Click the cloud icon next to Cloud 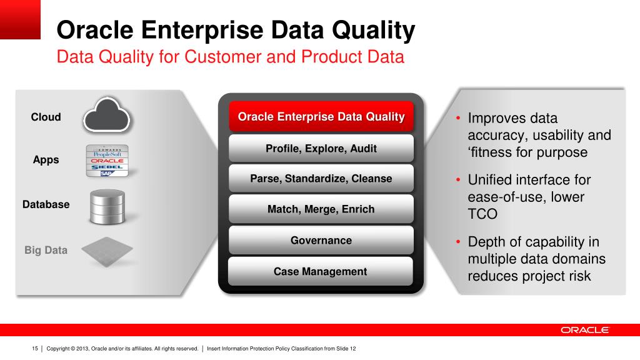pyautogui.click(x=106, y=115)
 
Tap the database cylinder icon pyautogui.click(x=107, y=206)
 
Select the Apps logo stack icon pyautogui.click(x=107, y=161)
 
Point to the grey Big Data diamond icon pyautogui.click(x=107, y=251)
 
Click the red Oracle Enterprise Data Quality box pyautogui.click(x=321, y=116)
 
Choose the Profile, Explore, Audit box pyautogui.click(x=321, y=148)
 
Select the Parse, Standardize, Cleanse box pyautogui.click(x=321, y=178)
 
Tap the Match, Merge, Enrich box pyautogui.click(x=321, y=209)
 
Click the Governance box pyautogui.click(x=321, y=240)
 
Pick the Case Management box pyautogui.click(x=321, y=271)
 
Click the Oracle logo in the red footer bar pyautogui.click(x=584, y=330)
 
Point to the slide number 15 pyautogui.click(x=35, y=349)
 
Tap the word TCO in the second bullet pyautogui.click(x=482, y=214)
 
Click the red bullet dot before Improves pyautogui.click(x=458, y=118)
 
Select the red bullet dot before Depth pyautogui.click(x=458, y=242)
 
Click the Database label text pyautogui.click(x=46, y=204)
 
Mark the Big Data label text pyautogui.click(x=46, y=250)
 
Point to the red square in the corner pyautogui.click(x=20, y=19)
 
